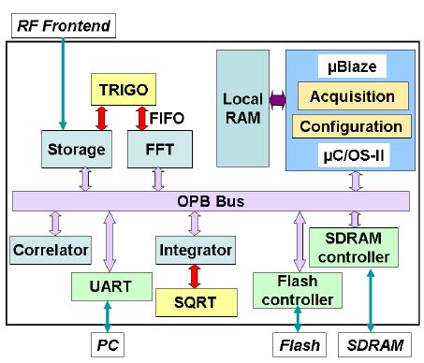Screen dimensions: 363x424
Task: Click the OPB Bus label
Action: tap(212, 201)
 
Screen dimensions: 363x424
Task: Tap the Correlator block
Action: tap(51, 250)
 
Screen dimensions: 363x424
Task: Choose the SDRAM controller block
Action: tap(353, 248)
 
